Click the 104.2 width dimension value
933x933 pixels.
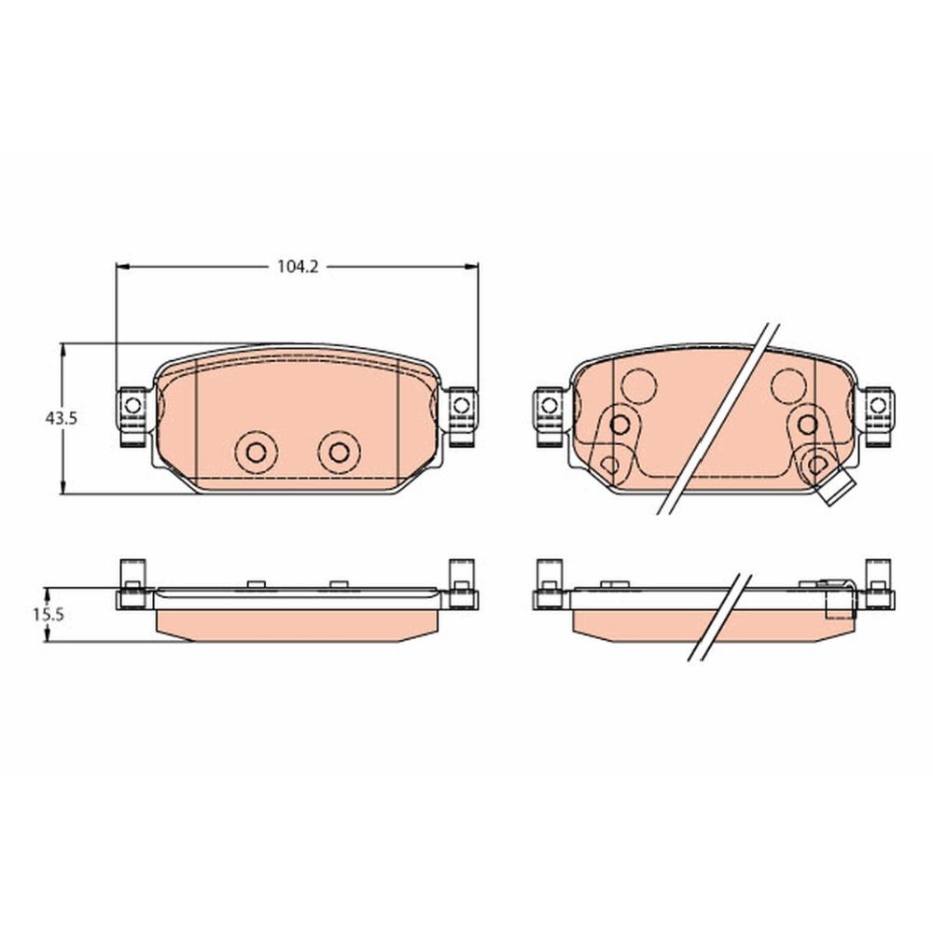298,267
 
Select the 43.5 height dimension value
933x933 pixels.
62,418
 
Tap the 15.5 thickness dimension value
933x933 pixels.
49,615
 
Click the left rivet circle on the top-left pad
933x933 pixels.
256,453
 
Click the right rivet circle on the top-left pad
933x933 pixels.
340,453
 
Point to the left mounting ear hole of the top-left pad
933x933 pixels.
132,406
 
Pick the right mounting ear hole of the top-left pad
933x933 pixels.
461,406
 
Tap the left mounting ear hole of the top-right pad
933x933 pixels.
550,406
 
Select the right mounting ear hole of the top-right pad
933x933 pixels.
878,406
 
